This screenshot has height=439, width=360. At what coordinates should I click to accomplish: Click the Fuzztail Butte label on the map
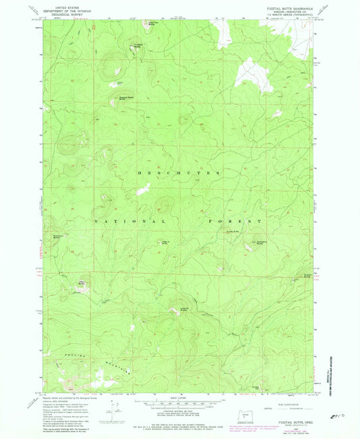click(x=138, y=45)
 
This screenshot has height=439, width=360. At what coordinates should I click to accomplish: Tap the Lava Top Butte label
click(x=153, y=24)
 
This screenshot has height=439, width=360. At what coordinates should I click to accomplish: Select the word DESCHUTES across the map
click(x=180, y=174)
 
